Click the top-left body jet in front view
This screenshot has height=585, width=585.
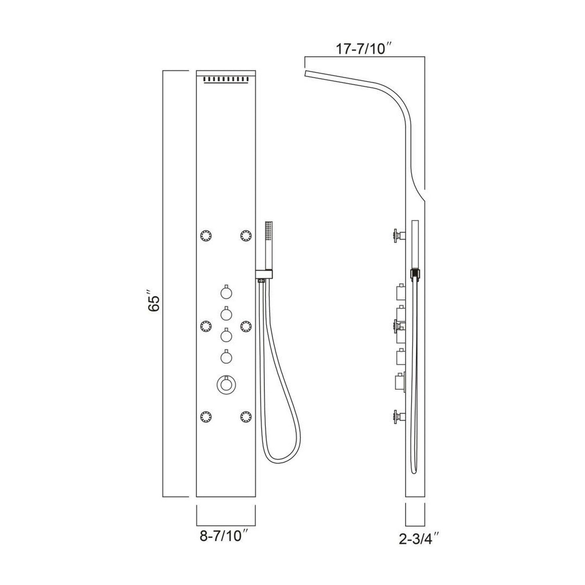click(206, 235)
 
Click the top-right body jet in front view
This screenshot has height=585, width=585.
click(245, 235)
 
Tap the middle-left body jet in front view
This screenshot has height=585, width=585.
click(206, 325)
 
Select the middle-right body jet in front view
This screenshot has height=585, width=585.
click(245, 325)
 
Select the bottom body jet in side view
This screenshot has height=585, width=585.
click(397, 416)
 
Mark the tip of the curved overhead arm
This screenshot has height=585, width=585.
click(306, 73)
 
